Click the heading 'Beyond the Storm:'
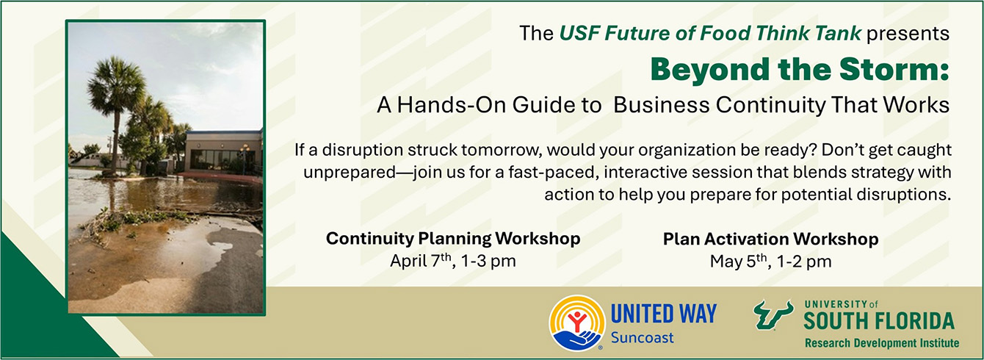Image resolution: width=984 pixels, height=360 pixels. (x=800, y=71)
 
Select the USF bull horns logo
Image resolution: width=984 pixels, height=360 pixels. (x=773, y=314)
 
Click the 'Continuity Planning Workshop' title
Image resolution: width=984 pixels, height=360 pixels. (x=453, y=239)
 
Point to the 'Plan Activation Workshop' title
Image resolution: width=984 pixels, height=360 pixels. (x=770, y=239)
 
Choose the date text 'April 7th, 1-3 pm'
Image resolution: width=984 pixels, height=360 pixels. (x=453, y=261)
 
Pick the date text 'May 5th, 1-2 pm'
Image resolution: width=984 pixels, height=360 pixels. (x=770, y=262)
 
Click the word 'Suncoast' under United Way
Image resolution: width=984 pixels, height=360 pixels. (x=643, y=337)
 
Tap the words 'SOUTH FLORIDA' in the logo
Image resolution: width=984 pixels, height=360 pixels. (x=879, y=321)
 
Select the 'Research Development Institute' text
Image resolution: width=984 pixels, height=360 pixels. (x=882, y=343)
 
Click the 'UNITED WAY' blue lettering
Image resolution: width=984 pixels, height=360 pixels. (x=664, y=314)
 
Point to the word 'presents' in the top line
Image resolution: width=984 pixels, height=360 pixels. (x=908, y=34)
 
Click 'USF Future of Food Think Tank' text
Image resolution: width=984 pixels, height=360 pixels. (x=710, y=33)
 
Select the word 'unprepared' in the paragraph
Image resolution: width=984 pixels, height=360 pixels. (x=350, y=173)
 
